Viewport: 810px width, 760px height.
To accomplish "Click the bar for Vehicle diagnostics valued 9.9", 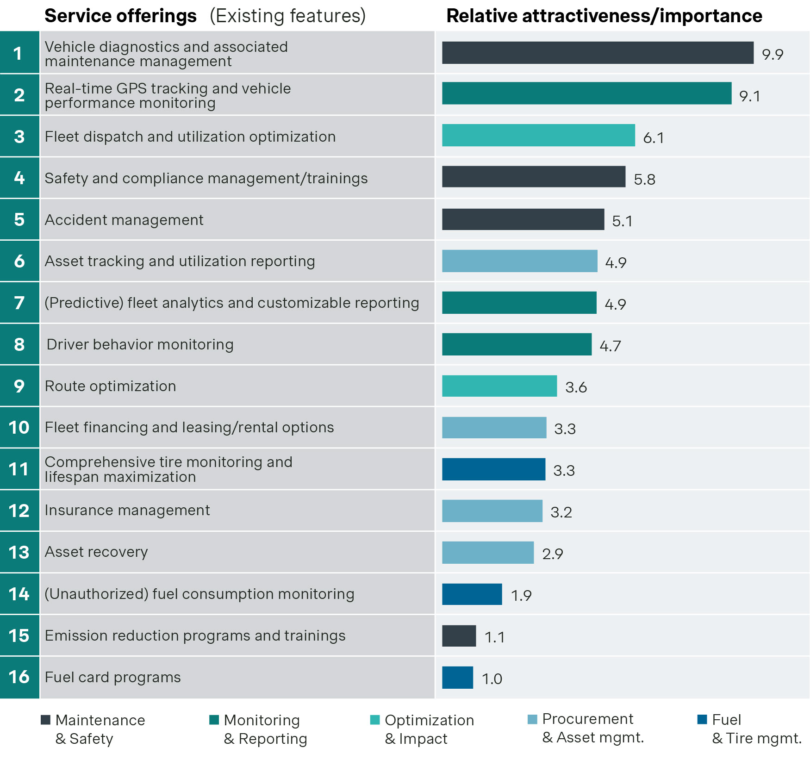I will pyautogui.click(x=597, y=53).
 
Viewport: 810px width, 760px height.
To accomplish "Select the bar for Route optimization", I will pyautogui.click(x=499, y=386).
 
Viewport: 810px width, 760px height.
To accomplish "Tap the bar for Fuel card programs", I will pyautogui.click(x=457, y=678).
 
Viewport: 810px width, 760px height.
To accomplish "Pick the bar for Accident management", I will pyautogui.click(x=523, y=219).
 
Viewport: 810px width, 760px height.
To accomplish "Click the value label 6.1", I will pyautogui.click(x=653, y=137).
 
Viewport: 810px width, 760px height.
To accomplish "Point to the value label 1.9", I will pyautogui.click(x=521, y=595).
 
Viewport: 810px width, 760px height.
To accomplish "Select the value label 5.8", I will pyautogui.click(x=644, y=179).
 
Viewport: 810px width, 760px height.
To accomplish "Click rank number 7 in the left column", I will pyautogui.click(x=19, y=303).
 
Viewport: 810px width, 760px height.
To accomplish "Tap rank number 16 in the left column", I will pyautogui.click(x=19, y=677).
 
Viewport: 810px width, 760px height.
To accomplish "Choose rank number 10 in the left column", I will pyautogui.click(x=19, y=427).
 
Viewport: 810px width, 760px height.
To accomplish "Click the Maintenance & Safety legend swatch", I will pyautogui.click(x=45, y=720).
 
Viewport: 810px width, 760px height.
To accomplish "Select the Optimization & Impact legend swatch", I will pyautogui.click(x=375, y=720).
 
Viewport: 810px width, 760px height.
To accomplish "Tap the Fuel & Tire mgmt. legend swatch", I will pyautogui.click(x=702, y=719).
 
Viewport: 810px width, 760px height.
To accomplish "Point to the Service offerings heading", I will pyautogui.click(x=120, y=16).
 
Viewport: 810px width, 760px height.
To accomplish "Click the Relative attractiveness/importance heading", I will pyautogui.click(x=604, y=16).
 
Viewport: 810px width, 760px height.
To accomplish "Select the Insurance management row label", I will pyautogui.click(x=127, y=510).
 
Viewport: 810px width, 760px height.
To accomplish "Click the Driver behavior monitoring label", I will pyautogui.click(x=140, y=344).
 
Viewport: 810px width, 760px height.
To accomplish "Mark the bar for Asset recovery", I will pyautogui.click(x=487, y=553).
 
